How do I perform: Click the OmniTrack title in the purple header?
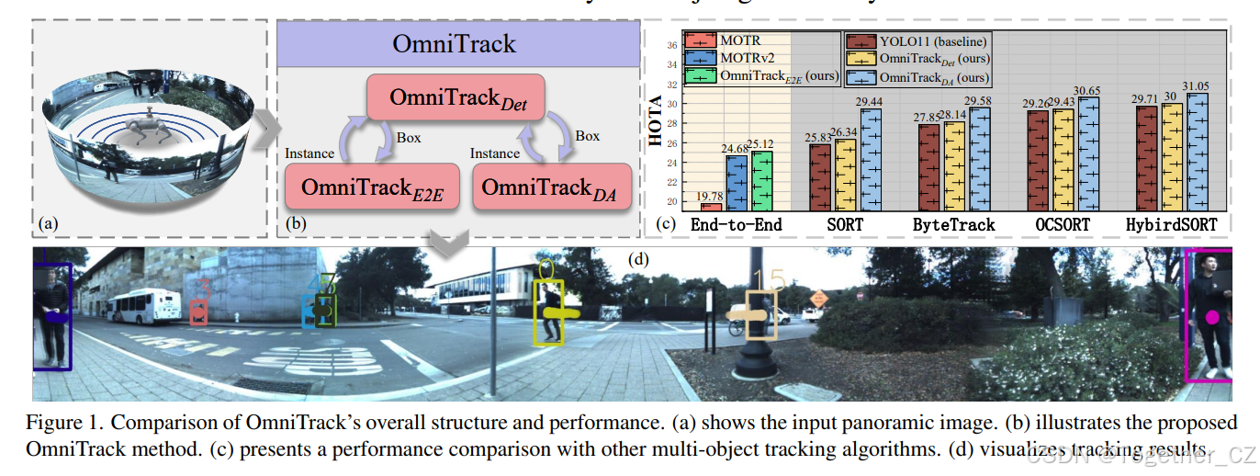[x=454, y=43]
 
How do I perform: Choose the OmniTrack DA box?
[x=552, y=187]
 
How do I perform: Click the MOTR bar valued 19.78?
[x=711, y=206]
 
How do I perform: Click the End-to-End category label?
[x=737, y=224]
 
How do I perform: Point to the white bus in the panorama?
[x=143, y=307]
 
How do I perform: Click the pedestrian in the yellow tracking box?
[x=549, y=312]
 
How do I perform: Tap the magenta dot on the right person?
[x=1212, y=318]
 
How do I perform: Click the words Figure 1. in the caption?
[x=55, y=424]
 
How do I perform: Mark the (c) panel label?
[x=665, y=222]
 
